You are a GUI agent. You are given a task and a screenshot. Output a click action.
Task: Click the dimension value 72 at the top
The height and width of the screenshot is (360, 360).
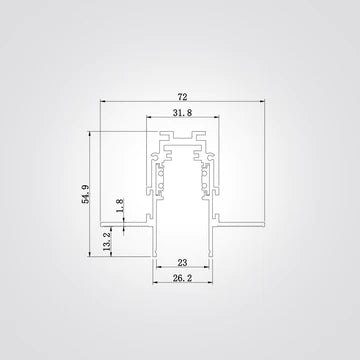click(182, 98)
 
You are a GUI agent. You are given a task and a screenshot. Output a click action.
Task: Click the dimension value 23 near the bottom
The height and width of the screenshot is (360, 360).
click(182, 261)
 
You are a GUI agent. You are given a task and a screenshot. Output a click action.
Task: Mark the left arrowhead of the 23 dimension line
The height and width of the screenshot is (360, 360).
click(157, 268)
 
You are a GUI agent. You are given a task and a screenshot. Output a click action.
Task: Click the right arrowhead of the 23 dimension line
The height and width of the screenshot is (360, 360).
click(209, 268)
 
